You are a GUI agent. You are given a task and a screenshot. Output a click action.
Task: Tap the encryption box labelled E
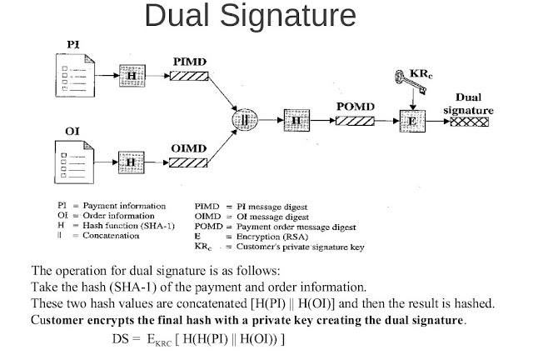coord(414,121)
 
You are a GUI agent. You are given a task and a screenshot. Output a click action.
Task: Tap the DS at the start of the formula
coord(121,341)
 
